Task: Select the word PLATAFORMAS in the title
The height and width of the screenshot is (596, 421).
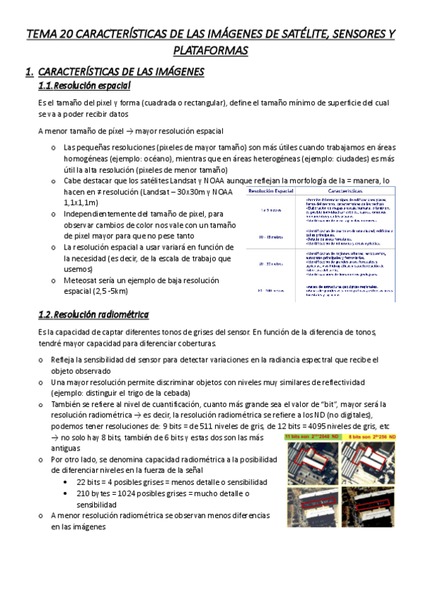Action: pos(210,51)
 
